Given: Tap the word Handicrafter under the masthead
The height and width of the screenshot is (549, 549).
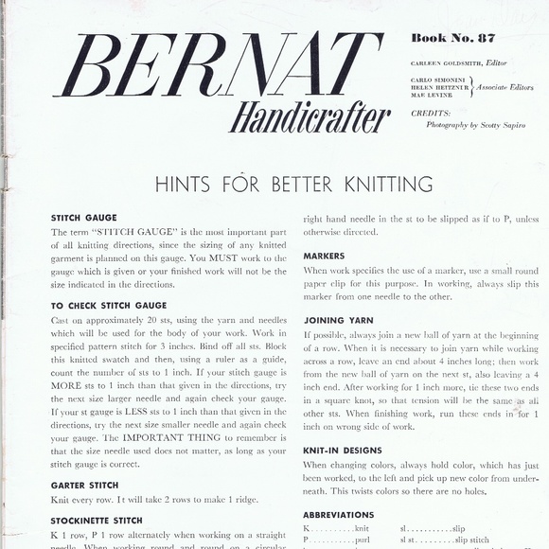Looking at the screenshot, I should tap(309, 119).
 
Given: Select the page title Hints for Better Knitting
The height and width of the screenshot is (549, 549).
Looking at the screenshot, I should tap(280, 184).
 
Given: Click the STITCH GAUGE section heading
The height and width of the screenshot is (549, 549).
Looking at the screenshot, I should tap(84, 218).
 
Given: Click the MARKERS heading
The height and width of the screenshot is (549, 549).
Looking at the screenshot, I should tap(324, 257).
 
